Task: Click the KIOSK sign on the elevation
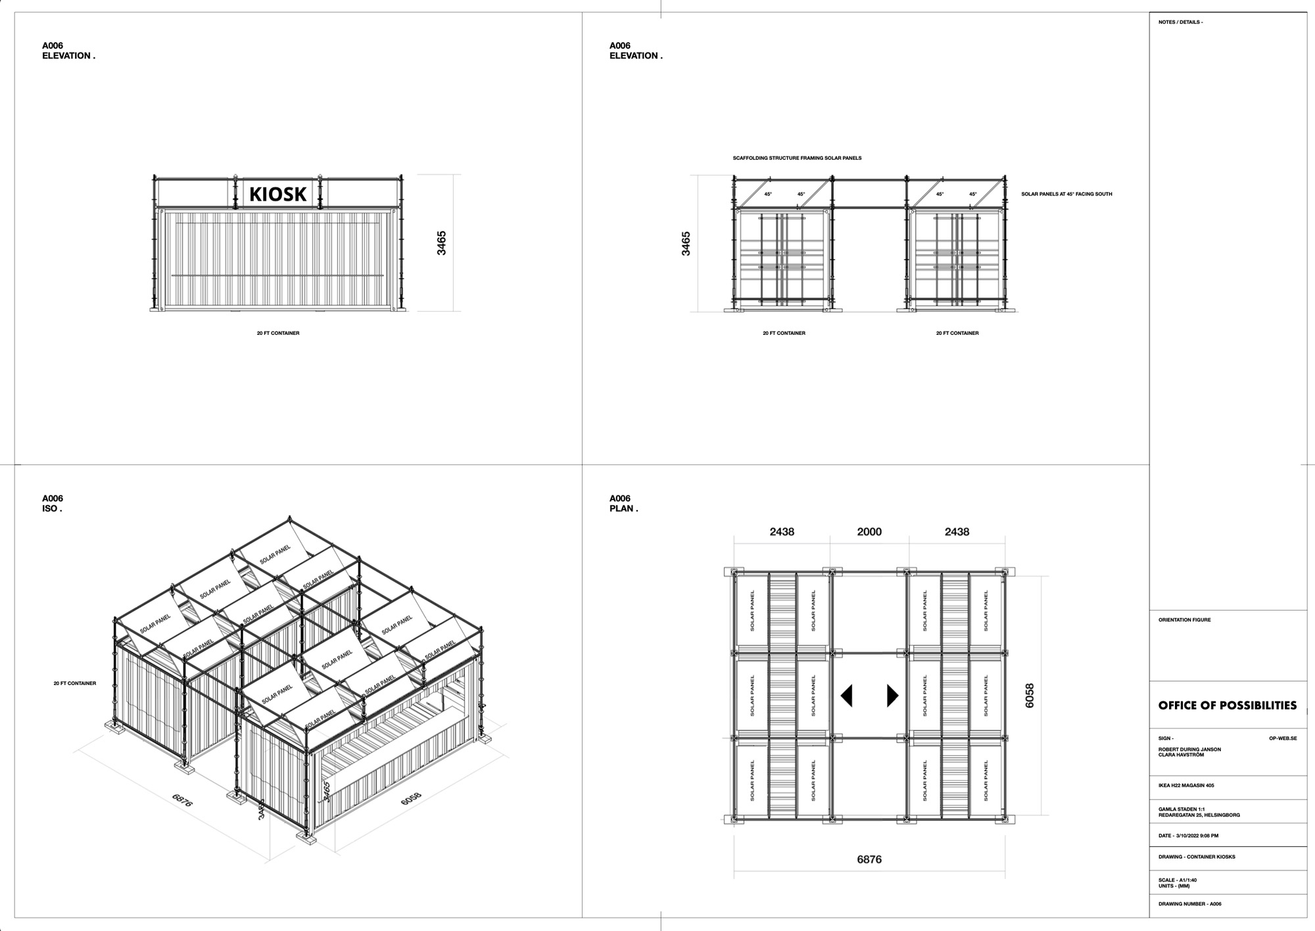277,193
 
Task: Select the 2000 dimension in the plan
869,532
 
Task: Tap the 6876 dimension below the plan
869,859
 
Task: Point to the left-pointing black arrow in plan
847,695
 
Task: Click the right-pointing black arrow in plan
892,695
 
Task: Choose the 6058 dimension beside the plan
1030,695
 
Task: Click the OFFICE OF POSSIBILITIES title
1227,705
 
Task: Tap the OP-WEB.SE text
1283,738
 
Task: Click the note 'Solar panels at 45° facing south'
1066,194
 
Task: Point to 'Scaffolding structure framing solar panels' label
797,158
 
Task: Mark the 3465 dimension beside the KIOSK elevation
442,243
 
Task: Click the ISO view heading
52,509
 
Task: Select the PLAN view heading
623,509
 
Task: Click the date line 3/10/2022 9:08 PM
1188,836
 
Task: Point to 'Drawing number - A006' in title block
1189,904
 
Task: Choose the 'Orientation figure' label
1184,620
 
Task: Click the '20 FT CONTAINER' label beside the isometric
75,684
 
